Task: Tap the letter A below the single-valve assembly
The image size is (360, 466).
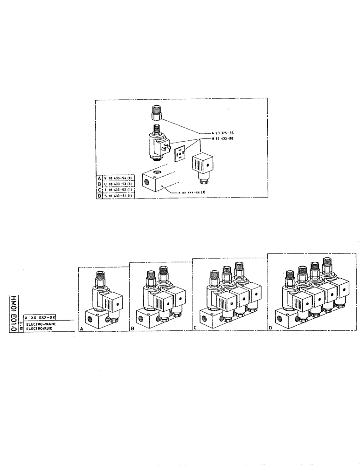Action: tap(82, 329)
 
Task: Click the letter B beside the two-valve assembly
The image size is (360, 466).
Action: tap(132, 329)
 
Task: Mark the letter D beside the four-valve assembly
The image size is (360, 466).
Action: tap(271, 328)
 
